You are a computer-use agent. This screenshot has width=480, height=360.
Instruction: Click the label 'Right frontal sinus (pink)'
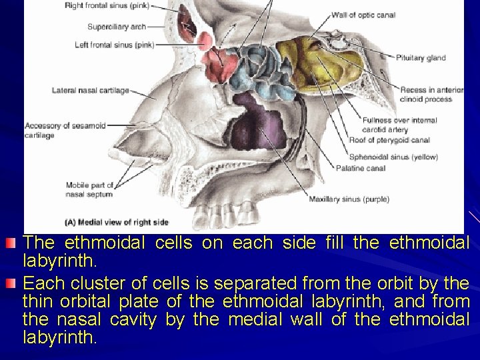tap(107, 7)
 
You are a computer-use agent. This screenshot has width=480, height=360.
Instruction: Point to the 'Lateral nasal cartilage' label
tap(91, 91)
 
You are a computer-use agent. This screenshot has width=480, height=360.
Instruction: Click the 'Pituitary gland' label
tap(422, 58)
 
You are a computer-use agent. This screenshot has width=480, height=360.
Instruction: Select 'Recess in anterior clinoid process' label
tap(431, 95)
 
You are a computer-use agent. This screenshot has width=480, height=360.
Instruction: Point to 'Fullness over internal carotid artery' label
tap(400, 125)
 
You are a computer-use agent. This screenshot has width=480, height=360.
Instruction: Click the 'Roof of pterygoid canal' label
tap(389, 140)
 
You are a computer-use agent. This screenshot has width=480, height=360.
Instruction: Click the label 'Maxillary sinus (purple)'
tap(349, 199)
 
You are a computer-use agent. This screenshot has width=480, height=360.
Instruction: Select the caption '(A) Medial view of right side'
tap(117, 222)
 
